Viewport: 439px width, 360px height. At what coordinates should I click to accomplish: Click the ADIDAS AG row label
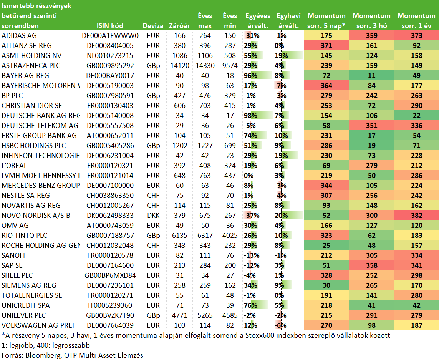pyautogui.click(x=19, y=36)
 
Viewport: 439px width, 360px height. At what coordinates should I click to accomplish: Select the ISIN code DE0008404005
pyautogui.click(x=110, y=46)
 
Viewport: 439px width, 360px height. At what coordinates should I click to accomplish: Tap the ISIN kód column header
pyautogui.click(x=110, y=26)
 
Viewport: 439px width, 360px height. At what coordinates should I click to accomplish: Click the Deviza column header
pyautogui.click(x=153, y=26)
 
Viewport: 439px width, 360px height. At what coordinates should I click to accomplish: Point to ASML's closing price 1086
pyautogui.click(x=179, y=56)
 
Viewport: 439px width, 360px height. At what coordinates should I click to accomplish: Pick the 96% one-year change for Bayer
pyautogui.click(x=250, y=76)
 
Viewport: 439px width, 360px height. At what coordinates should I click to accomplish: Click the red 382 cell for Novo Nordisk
pyautogui.click(x=417, y=216)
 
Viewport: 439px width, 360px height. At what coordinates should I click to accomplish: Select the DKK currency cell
pyautogui.click(x=153, y=216)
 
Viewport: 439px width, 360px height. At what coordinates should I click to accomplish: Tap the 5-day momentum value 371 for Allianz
pyautogui.click(x=326, y=46)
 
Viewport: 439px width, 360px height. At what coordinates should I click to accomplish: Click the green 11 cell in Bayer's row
pyautogui.click(x=371, y=76)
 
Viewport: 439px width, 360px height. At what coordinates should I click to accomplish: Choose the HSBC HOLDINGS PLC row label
pyautogui.click(x=33, y=146)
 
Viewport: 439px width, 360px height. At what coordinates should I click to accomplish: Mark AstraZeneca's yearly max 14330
pyautogui.click(x=205, y=66)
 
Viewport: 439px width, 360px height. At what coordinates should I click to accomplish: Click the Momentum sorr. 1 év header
pyautogui.click(x=416, y=21)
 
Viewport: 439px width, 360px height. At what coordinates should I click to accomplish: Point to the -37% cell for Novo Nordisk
pyautogui.click(x=252, y=216)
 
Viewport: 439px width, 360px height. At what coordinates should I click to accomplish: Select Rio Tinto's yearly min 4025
pyautogui.click(x=230, y=236)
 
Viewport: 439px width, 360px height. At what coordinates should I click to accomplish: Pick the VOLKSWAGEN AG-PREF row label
pyautogui.click(x=39, y=325)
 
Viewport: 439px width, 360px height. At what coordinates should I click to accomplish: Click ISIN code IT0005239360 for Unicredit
pyautogui.click(x=110, y=305)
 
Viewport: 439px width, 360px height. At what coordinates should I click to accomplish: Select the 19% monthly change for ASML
pyautogui.click(x=281, y=56)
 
